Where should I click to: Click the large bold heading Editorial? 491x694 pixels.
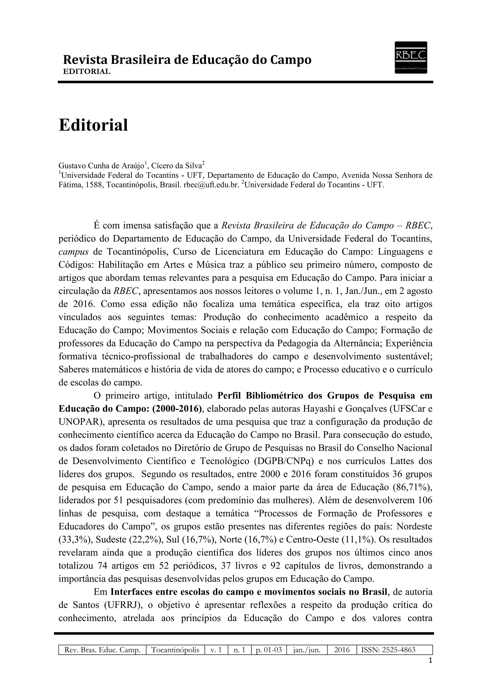click(x=94, y=125)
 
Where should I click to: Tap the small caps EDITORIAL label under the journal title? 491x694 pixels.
click(x=87, y=72)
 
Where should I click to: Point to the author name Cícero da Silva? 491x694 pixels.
click(x=176, y=166)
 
